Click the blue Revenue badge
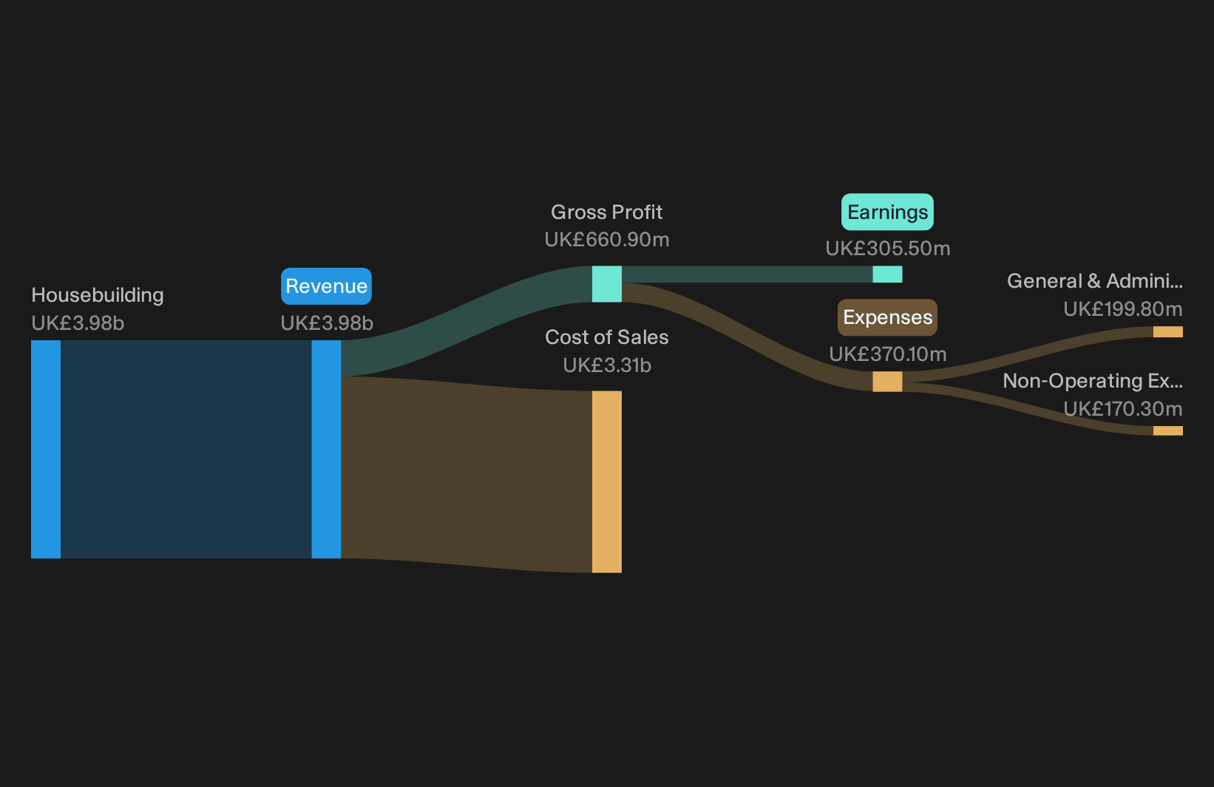pyautogui.click(x=326, y=286)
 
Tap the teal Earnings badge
pyautogui.click(x=887, y=212)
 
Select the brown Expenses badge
pyautogui.click(x=887, y=317)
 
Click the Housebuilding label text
pyautogui.click(x=98, y=295)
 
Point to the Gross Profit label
pyautogui.click(x=606, y=212)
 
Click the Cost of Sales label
pyautogui.click(x=606, y=337)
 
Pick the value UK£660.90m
pyautogui.click(x=607, y=240)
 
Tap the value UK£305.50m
pyautogui.click(x=888, y=249)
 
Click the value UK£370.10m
pyautogui.click(x=888, y=354)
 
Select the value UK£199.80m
pyautogui.click(x=1123, y=309)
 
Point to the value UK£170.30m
pyautogui.click(x=1123, y=409)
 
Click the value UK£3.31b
pyautogui.click(x=607, y=365)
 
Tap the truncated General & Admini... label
pyautogui.click(x=1095, y=281)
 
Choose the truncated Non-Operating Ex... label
pyautogui.click(x=1093, y=381)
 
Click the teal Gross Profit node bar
pyautogui.click(x=606, y=284)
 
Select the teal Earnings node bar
pyautogui.click(x=887, y=274)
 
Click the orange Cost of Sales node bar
pyautogui.click(x=606, y=482)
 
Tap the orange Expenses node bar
pyautogui.click(x=887, y=382)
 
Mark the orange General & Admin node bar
pyautogui.click(x=1168, y=332)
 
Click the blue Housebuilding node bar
pyautogui.click(x=46, y=449)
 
